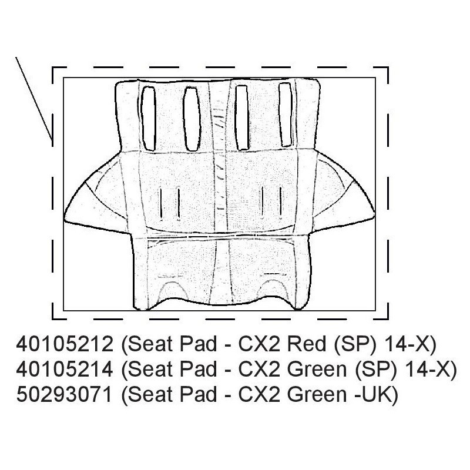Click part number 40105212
65,344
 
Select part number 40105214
65,369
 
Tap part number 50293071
64,394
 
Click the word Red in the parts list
306,344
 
